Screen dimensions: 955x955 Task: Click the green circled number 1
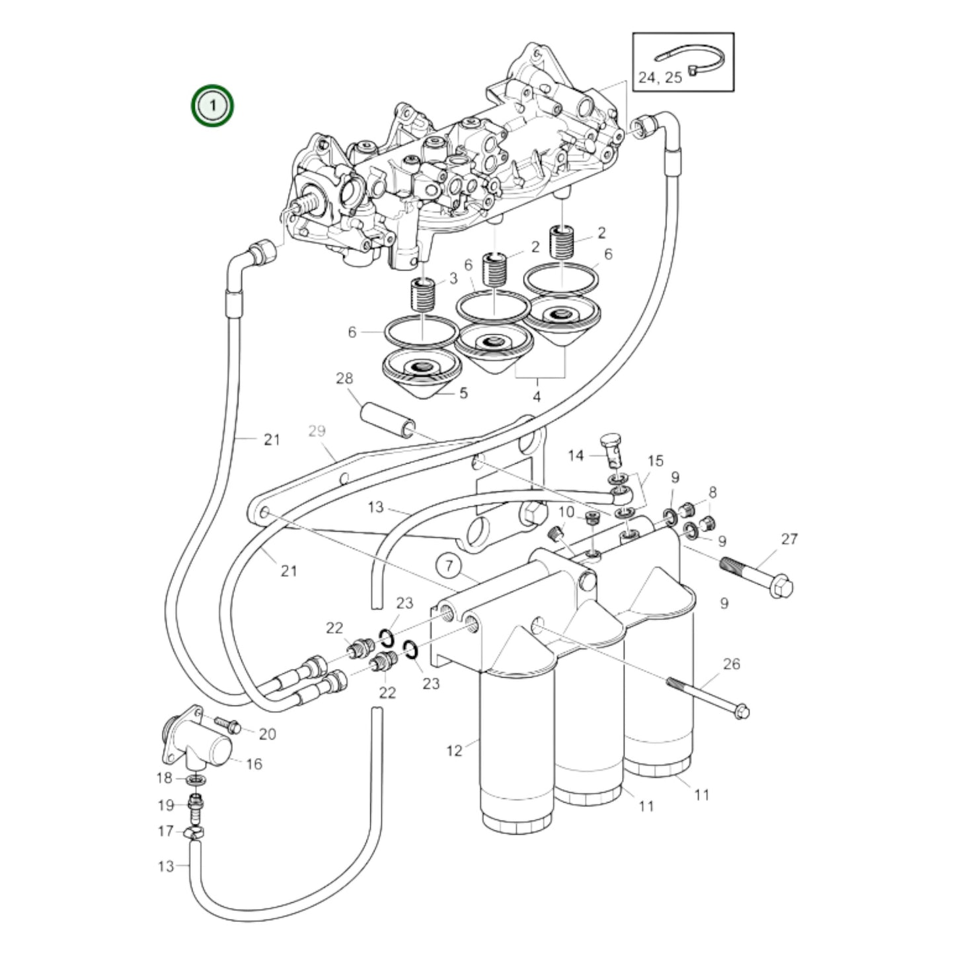[x=212, y=105]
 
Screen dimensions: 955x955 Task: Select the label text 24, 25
[x=660, y=78]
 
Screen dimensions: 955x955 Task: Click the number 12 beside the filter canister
[x=454, y=751]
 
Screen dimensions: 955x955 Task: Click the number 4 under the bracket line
[x=537, y=397]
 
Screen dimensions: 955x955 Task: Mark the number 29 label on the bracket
[x=317, y=431]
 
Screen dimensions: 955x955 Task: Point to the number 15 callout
[x=655, y=461]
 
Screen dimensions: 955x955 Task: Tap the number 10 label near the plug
[x=566, y=512]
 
